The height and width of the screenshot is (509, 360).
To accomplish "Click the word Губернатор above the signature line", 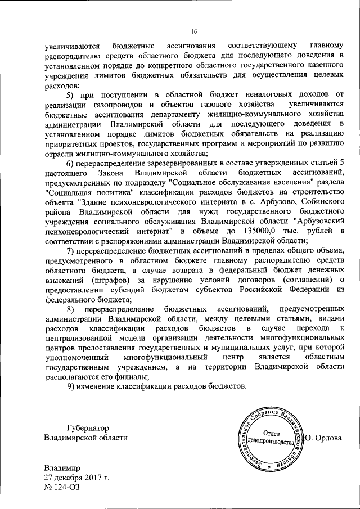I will [x=89, y=427].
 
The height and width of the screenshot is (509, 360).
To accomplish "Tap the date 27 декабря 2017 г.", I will [x=76, y=478].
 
